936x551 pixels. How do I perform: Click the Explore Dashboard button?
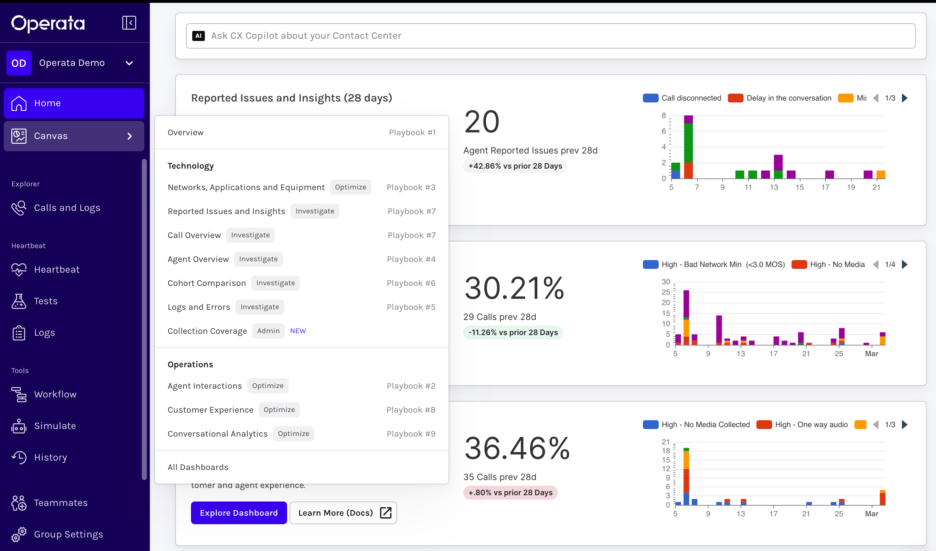(239, 513)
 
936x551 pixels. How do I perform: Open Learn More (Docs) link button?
(343, 513)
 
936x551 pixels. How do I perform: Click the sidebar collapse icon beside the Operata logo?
(129, 23)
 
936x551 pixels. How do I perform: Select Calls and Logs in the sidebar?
(67, 208)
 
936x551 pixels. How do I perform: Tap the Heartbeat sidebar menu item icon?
(19, 270)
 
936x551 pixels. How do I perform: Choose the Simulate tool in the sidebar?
(55, 426)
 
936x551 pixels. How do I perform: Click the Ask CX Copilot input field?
(551, 36)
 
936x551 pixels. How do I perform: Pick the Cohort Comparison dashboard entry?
(207, 283)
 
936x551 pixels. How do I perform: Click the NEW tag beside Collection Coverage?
(298, 331)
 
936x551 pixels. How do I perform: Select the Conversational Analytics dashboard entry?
(218, 434)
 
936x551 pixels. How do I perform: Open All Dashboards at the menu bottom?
(198, 467)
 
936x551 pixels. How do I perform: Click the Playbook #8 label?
(411, 410)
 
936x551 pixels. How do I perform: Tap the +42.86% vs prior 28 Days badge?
(515, 166)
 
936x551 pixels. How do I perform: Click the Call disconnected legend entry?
(682, 98)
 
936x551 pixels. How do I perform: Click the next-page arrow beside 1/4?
(905, 264)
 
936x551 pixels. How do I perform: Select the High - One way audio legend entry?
(802, 425)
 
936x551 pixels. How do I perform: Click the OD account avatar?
(19, 63)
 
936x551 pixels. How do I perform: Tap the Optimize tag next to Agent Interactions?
(268, 386)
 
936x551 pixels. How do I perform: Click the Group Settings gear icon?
(19, 534)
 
